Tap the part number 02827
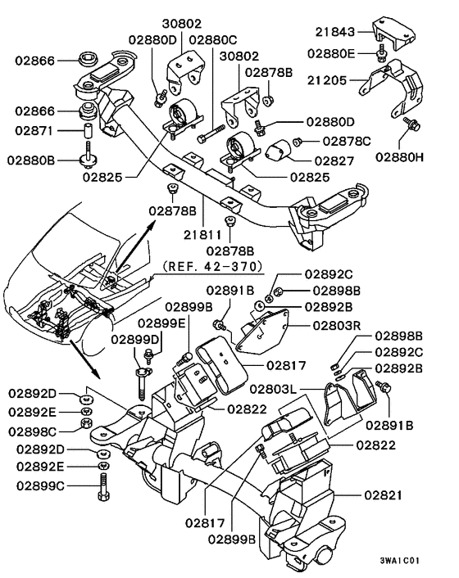coord(336,161)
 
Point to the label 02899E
coord(161,323)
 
